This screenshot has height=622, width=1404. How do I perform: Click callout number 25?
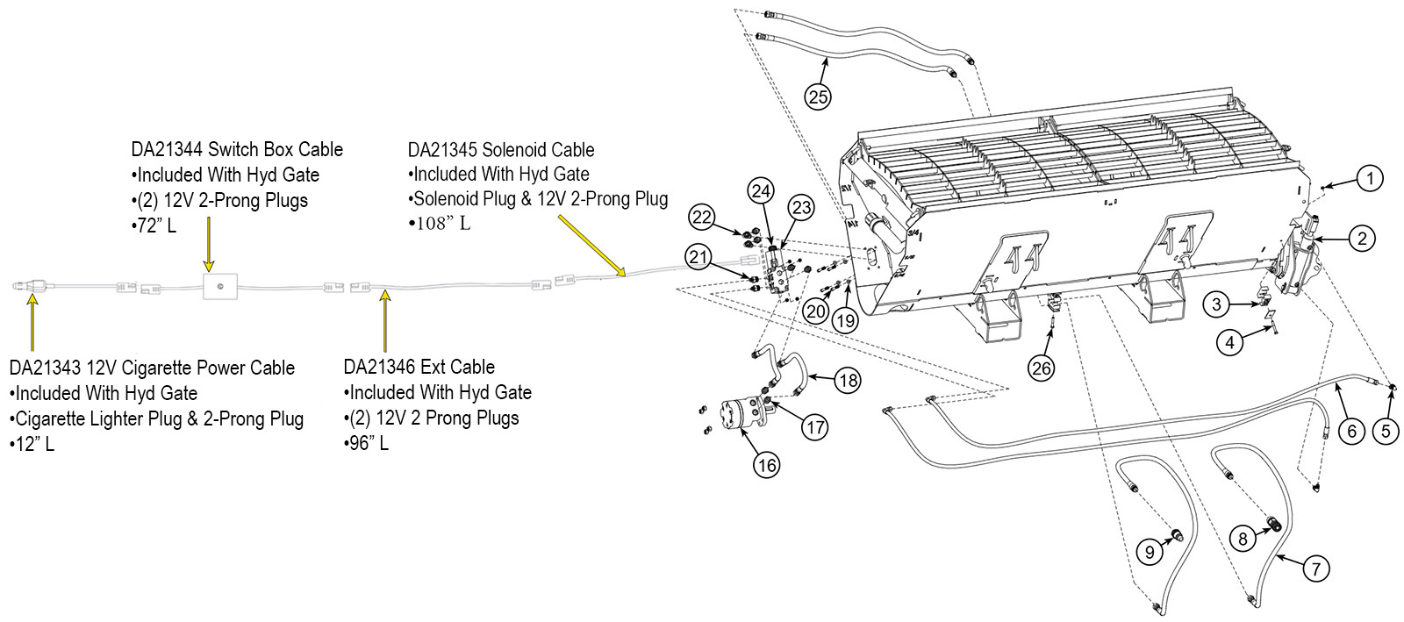pos(818,97)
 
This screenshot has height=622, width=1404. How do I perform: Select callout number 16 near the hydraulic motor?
pos(767,464)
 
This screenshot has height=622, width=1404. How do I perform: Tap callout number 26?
pos(1042,368)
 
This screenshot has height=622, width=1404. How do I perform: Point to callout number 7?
pos(1315,568)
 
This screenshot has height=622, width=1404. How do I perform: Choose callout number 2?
pos(1361,238)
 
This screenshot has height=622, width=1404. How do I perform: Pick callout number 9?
pos(1150,552)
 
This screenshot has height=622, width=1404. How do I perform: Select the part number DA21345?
pos(443,150)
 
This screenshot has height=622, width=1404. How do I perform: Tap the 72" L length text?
pos(154,225)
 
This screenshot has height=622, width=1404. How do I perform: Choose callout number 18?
pos(848,380)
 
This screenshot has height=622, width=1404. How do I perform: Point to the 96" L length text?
pos(367,443)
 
